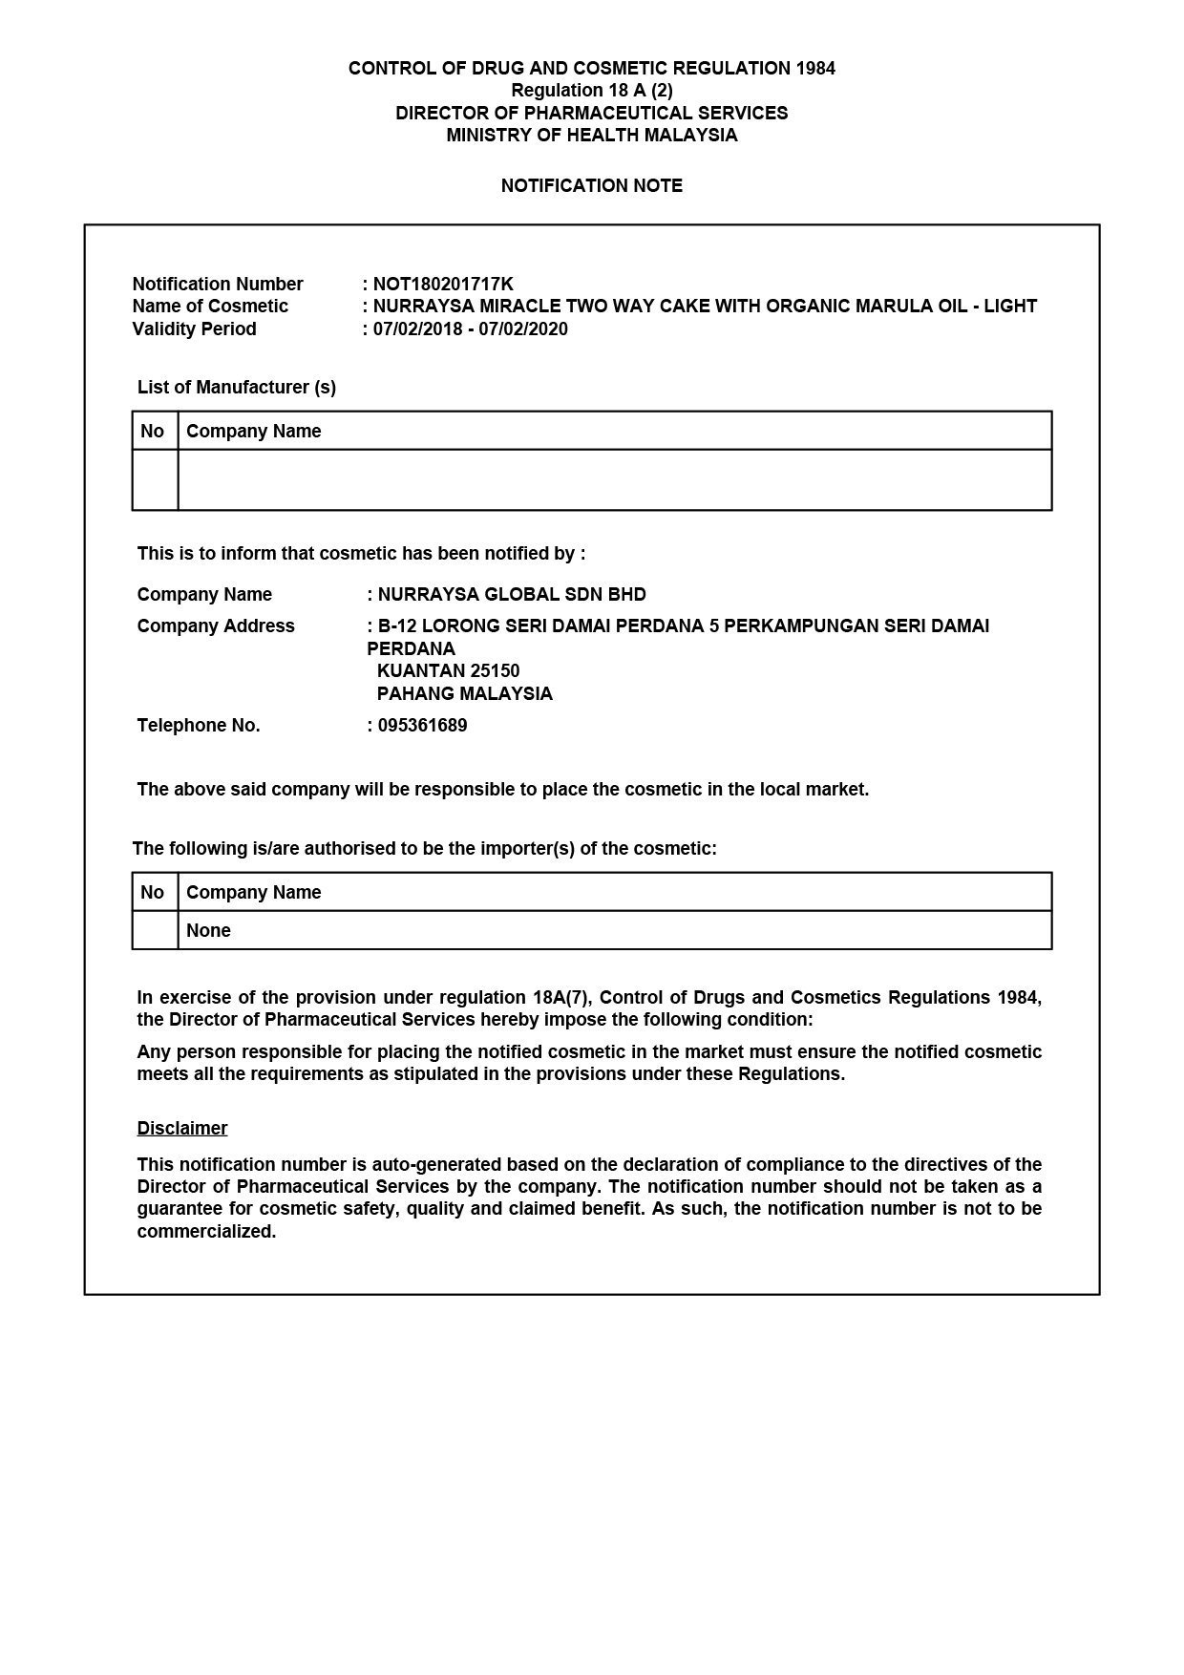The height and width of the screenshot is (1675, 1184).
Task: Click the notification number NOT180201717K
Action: (443, 284)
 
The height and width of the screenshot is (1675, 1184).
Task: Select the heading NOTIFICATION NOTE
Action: (591, 185)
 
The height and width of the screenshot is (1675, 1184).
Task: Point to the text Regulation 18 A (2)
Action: (591, 91)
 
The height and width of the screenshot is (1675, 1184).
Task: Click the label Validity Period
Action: (194, 329)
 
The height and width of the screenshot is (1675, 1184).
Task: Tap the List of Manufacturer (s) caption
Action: (236, 387)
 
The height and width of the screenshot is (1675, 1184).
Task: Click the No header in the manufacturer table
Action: (152, 431)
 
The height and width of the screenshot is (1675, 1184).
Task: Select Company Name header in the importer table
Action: (253, 892)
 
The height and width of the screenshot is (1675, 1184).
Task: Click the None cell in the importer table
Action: (208, 930)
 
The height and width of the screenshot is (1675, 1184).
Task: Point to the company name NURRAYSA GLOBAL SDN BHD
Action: (512, 594)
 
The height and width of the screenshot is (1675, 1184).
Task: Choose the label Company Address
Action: (216, 625)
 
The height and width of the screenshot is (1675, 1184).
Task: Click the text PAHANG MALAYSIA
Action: (465, 693)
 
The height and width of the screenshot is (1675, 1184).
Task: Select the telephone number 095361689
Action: (422, 725)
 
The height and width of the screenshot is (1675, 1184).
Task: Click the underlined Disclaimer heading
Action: (182, 1128)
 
